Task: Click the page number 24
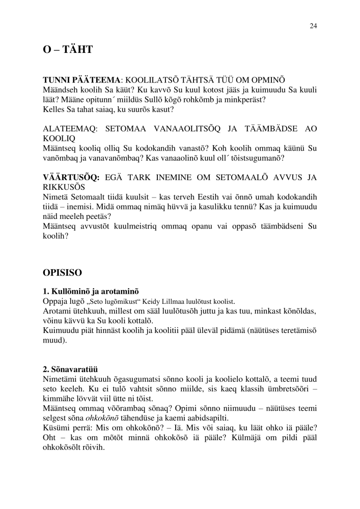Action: [313, 26]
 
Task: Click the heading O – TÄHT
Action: [67, 51]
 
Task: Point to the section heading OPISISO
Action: [62, 272]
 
